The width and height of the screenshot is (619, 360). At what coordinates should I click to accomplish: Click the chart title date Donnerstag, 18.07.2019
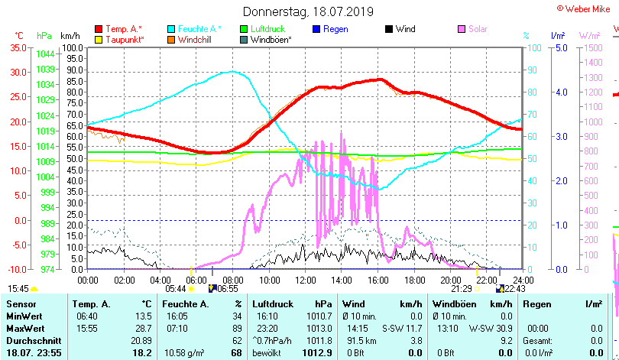(x=309, y=11)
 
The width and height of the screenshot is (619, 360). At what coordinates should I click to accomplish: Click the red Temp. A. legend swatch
(x=99, y=29)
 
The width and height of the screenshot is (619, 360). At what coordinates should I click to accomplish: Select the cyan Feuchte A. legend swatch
(x=172, y=29)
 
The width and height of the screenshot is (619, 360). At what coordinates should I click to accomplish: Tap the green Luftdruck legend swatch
(x=245, y=29)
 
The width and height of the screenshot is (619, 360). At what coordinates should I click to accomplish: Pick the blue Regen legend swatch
(x=317, y=29)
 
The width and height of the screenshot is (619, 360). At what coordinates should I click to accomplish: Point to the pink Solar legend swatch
(x=462, y=29)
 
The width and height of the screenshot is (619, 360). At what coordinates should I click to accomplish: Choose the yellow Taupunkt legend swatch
(x=99, y=39)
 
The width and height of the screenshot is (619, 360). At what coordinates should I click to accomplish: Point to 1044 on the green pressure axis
(x=45, y=54)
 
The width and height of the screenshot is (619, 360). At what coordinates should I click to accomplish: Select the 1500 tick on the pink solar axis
(x=593, y=47)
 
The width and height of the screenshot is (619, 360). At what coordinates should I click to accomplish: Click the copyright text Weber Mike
(x=587, y=8)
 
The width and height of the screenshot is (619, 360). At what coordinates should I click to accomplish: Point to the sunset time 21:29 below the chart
(x=461, y=289)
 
